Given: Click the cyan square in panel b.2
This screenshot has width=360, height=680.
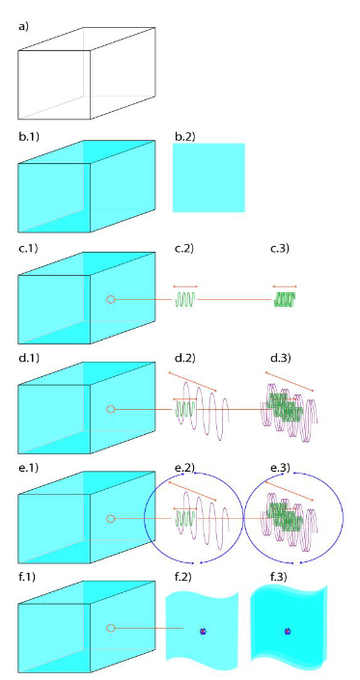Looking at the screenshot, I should pos(208,177).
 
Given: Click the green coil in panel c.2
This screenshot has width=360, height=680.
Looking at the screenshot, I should pos(185,299).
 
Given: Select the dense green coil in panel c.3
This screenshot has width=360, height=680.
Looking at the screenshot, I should pos(285,299).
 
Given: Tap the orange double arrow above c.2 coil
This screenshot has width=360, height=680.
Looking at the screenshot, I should pos(185,287).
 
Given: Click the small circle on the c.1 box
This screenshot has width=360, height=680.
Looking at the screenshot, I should pos(111,299).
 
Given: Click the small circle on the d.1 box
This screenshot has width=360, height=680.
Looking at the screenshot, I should pos(111,408).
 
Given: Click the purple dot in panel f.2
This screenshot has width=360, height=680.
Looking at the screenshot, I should pos(202,631).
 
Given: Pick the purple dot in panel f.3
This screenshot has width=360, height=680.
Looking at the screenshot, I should pos(288,631).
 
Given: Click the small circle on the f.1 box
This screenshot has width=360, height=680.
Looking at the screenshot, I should pos(111,628).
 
